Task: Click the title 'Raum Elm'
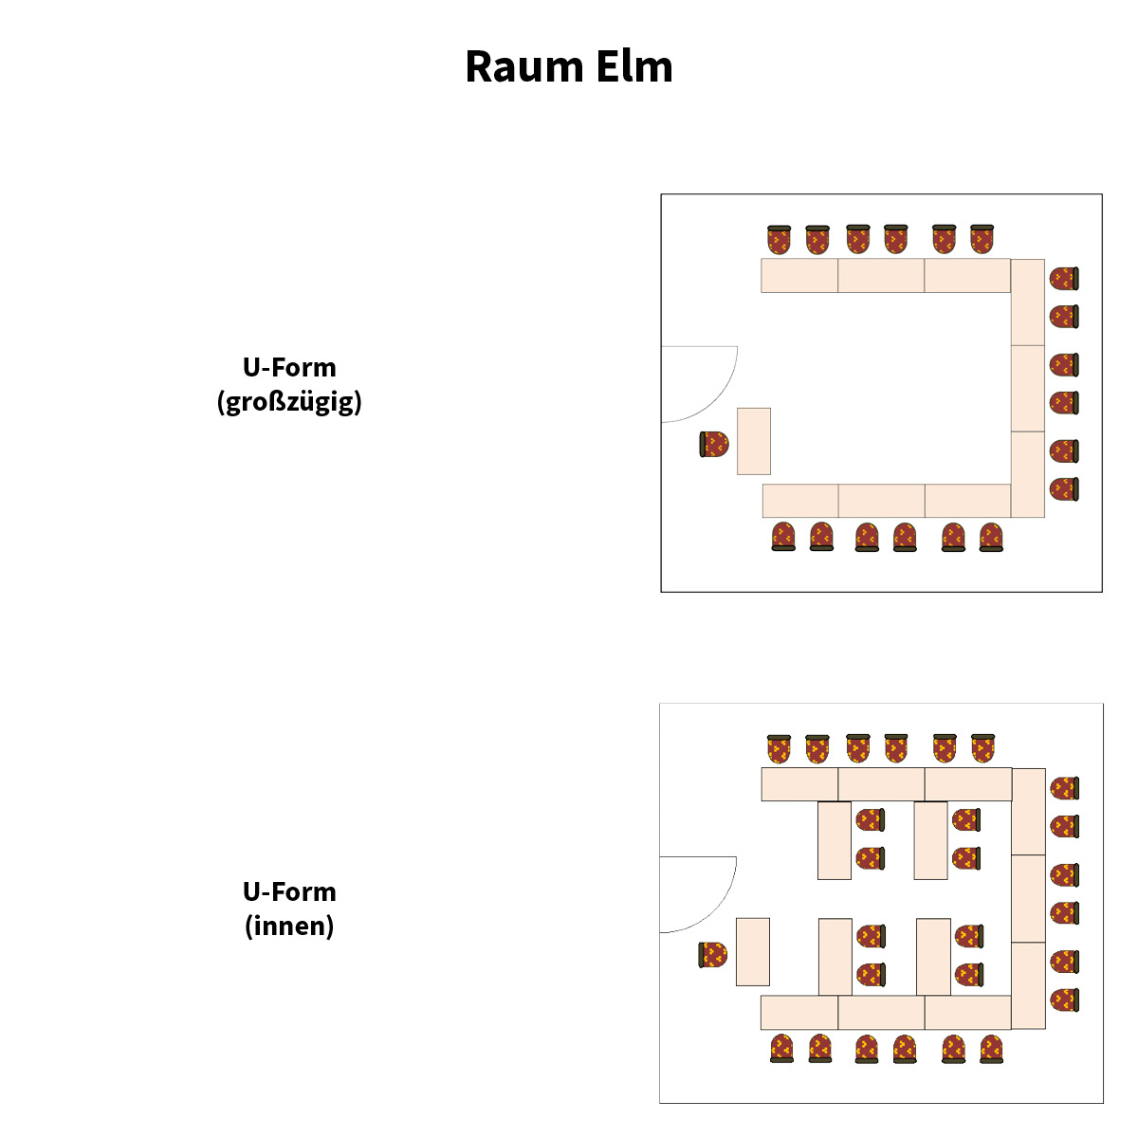tap(569, 67)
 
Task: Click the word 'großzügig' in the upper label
tap(289, 402)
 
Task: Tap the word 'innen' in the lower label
tap(289, 926)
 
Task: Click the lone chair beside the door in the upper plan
tap(714, 444)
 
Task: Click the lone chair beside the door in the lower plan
tap(713, 955)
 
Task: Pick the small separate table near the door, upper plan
tap(754, 441)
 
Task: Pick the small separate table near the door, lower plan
tap(753, 951)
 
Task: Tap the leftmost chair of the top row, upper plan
tap(780, 240)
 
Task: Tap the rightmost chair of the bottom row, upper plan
tap(991, 537)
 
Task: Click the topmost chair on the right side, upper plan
tap(1064, 279)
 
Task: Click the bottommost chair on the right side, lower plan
tap(1064, 1000)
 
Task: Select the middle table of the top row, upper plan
tap(881, 275)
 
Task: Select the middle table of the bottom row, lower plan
tap(881, 1012)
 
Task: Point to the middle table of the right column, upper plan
tap(1028, 389)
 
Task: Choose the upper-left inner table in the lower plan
tap(835, 840)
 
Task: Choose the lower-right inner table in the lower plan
tap(933, 956)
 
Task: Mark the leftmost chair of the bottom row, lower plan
tap(781, 1048)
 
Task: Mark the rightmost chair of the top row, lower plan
tap(982, 748)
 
